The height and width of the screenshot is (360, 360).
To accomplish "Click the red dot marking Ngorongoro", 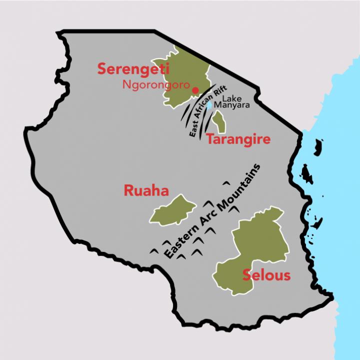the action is (x=195, y=90).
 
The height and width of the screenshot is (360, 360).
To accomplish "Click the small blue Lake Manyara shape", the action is (x=209, y=105).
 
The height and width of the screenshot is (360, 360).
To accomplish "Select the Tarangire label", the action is (x=238, y=139).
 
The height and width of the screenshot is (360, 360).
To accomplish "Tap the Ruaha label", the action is (x=146, y=191).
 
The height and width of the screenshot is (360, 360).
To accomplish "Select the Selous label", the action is (x=266, y=275).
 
